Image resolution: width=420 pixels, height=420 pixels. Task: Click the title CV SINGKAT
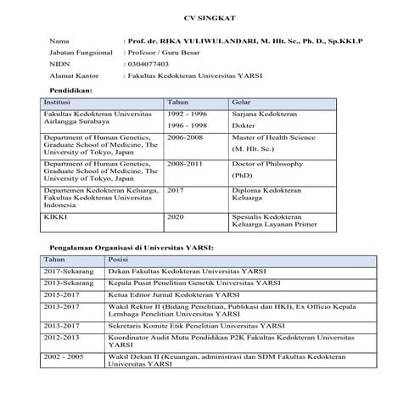(x=209, y=18)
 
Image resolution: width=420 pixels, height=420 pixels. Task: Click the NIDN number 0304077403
(x=147, y=64)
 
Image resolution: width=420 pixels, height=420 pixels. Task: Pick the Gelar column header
(x=241, y=102)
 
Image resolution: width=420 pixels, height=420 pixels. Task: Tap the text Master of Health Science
(x=272, y=137)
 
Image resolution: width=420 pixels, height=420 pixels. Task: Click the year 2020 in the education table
(x=176, y=217)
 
